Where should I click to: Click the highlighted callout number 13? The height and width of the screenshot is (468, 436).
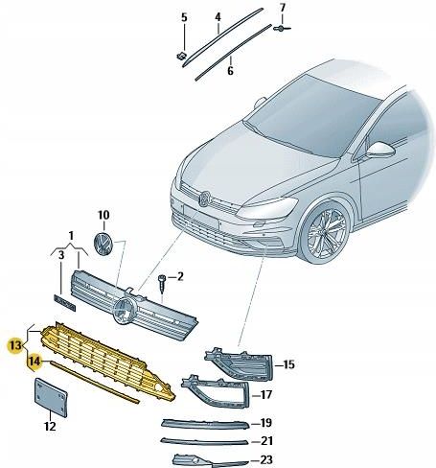(14, 342)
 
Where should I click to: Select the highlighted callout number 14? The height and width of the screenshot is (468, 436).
(34, 362)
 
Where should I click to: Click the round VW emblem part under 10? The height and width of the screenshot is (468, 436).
(103, 243)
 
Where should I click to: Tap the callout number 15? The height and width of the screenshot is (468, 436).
(287, 364)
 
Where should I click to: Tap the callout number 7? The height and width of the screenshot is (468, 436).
(283, 9)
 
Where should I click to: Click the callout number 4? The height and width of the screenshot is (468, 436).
(218, 18)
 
